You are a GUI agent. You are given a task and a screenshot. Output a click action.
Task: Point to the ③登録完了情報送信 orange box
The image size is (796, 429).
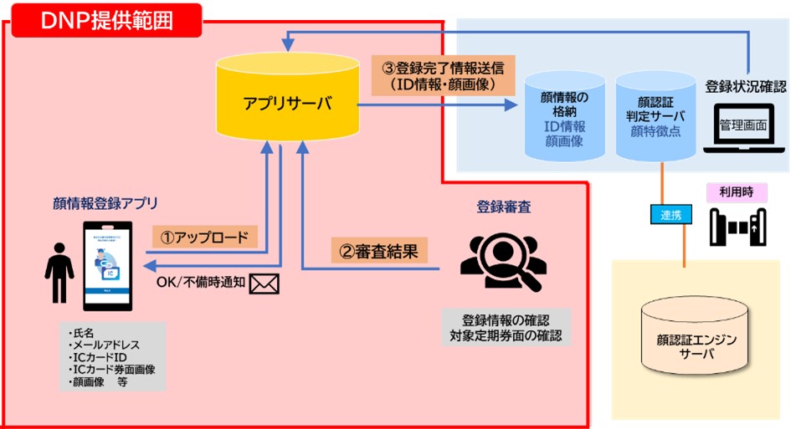tap(443, 74)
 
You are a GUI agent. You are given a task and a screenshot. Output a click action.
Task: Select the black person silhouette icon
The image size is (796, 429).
tap(59, 271)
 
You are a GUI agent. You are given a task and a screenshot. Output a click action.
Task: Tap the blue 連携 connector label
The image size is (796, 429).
tap(670, 214)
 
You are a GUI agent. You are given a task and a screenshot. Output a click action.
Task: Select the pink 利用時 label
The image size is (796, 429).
tap(731, 192)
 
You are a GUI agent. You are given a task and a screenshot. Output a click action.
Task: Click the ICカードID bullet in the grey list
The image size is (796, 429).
tap(105, 357)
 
